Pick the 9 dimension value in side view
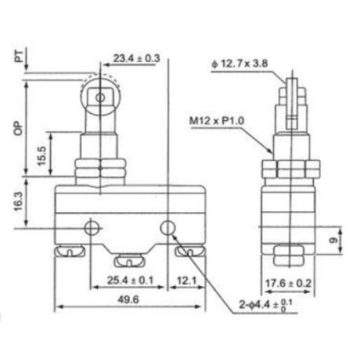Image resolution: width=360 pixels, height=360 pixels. tap(335, 237)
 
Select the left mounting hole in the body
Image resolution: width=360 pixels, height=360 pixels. tap(93, 228)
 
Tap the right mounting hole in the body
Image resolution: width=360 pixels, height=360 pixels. tap(167, 229)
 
